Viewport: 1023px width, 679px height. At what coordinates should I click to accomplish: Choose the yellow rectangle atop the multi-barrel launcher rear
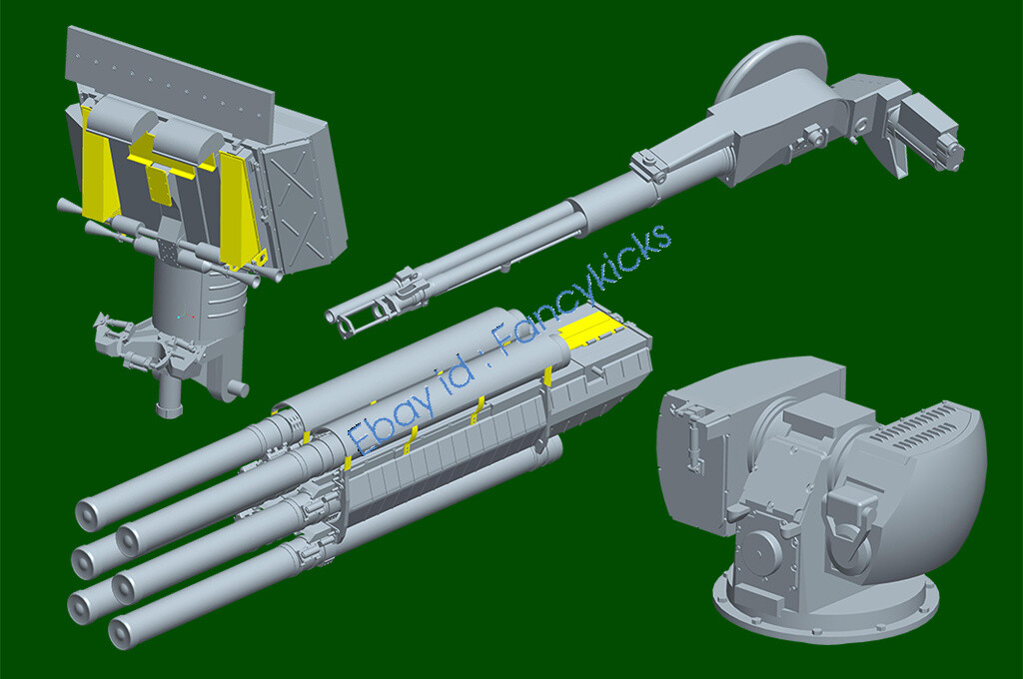588,331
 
